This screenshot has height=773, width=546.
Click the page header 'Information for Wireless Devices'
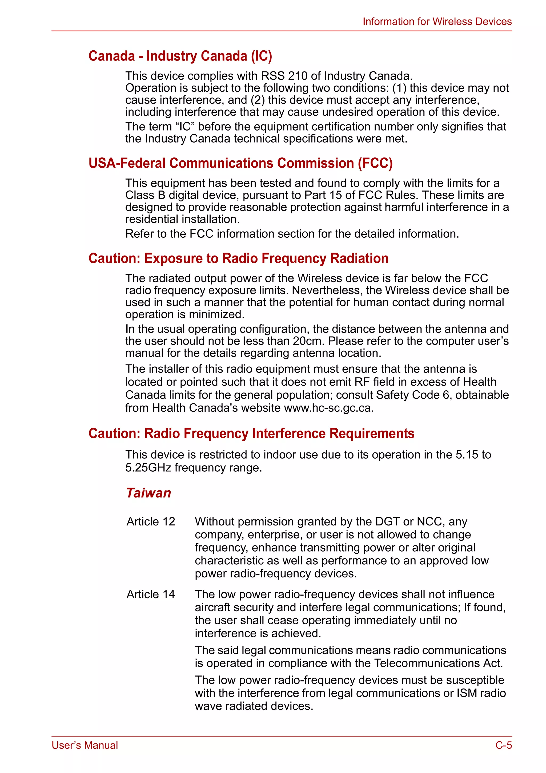pyautogui.click(x=437, y=22)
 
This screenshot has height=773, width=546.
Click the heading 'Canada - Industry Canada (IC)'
pyautogui.click(x=180, y=56)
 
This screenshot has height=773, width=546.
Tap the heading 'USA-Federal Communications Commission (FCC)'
pyautogui.click(x=240, y=163)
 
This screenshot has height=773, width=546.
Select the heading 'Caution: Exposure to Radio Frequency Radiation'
pyautogui.click(x=238, y=258)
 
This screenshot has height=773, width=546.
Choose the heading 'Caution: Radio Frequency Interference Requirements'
pyautogui.click(x=251, y=434)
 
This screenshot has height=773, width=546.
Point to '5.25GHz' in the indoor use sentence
pyautogui.click(x=148, y=468)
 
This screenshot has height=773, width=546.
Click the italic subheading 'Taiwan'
pyautogui.click(x=148, y=493)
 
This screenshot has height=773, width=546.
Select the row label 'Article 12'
pyautogui.click(x=151, y=521)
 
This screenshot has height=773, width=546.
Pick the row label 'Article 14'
pyautogui.click(x=151, y=594)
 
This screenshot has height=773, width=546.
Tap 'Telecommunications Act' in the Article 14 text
pyautogui.click(x=438, y=663)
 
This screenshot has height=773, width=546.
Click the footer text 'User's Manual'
pyautogui.click(x=85, y=745)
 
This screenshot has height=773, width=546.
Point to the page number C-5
pyautogui.click(x=503, y=745)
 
